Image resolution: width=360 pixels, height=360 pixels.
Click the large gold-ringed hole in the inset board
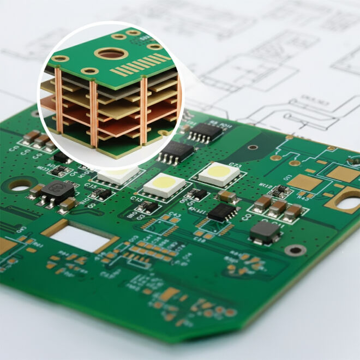click(x=111, y=53)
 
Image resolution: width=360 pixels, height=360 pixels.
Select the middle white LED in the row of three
click(x=164, y=184)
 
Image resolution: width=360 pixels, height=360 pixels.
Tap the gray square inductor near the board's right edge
click(x=265, y=231)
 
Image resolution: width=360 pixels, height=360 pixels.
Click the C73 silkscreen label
click(x=235, y=165)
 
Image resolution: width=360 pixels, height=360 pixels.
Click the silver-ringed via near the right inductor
click(x=296, y=250)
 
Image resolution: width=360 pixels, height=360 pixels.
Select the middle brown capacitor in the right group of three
click(x=278, y=207)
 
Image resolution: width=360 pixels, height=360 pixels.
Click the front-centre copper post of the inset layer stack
click(x=94, y=115)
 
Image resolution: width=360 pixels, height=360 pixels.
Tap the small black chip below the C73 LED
click(x=222, y=212)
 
